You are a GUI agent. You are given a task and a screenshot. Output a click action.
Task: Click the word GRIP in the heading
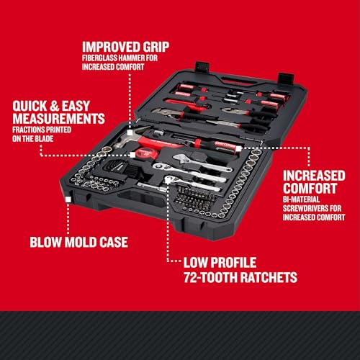click(x=156, y=47)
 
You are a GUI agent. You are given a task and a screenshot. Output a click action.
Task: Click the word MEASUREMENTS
click(x=59, y=119)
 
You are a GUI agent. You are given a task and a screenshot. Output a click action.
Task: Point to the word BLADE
click(x=44, y=139)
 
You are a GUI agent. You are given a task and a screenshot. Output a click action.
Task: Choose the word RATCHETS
click(x=269, y=277)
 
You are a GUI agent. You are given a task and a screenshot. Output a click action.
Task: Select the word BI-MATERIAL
click(x=301, y=199)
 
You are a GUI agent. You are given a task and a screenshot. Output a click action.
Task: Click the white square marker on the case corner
click(x=68, y=199)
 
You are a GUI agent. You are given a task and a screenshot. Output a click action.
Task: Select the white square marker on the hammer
click(x=130, y=132)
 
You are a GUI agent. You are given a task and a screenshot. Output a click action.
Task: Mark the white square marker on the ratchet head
click(x=168, y=180)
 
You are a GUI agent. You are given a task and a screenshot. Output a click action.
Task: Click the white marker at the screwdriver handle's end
click(x=238, y=149)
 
